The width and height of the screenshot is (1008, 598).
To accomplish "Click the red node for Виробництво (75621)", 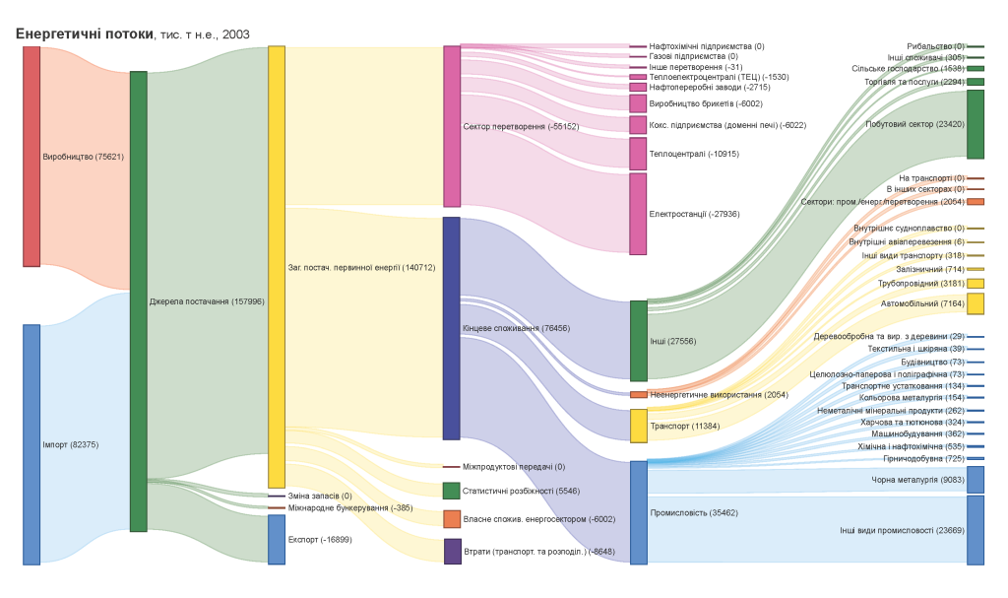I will click(x=31, y=156).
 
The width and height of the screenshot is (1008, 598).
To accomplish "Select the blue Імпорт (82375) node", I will click(x=31, y=444).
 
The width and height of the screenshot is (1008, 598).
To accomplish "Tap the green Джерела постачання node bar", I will click(x=138, y=300).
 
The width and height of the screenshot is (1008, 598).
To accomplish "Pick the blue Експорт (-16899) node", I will click(x=277, y=539).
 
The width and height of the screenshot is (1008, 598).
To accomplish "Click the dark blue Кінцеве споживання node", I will click(x=452, y=328).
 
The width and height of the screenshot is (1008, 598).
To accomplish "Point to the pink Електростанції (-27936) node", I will click(x=638, y=213).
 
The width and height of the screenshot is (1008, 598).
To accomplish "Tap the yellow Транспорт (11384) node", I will click(x=639, y=426).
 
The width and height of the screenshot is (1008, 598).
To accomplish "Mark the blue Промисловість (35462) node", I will click(x=639, y=512).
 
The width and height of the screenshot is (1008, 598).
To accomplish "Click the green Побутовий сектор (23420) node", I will click(x=976, y=124).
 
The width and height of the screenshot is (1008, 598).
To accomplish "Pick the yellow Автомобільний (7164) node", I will click(x=976, y=303).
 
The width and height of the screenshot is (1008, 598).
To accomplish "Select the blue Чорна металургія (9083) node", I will click(x=976, y=480).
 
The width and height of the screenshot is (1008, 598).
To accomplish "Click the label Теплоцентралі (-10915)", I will click(x=694, y=154).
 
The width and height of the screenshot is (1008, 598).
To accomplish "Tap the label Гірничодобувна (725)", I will click(x=928, y=459).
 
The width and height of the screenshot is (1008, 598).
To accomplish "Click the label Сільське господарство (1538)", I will click(x=908, y=69).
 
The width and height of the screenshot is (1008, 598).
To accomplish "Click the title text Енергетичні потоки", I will click(x=84, y=33).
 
